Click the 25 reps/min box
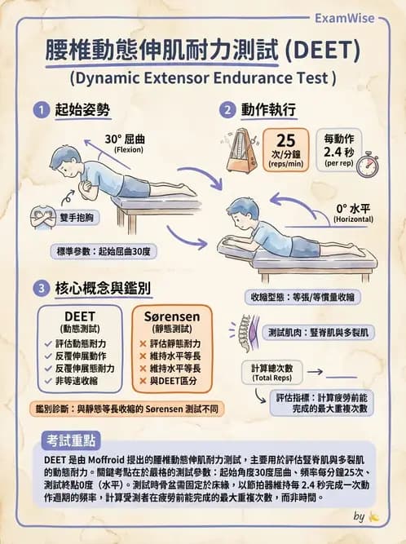(286, 149)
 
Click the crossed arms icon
(42, 218)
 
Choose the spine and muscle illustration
(245, 333)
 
